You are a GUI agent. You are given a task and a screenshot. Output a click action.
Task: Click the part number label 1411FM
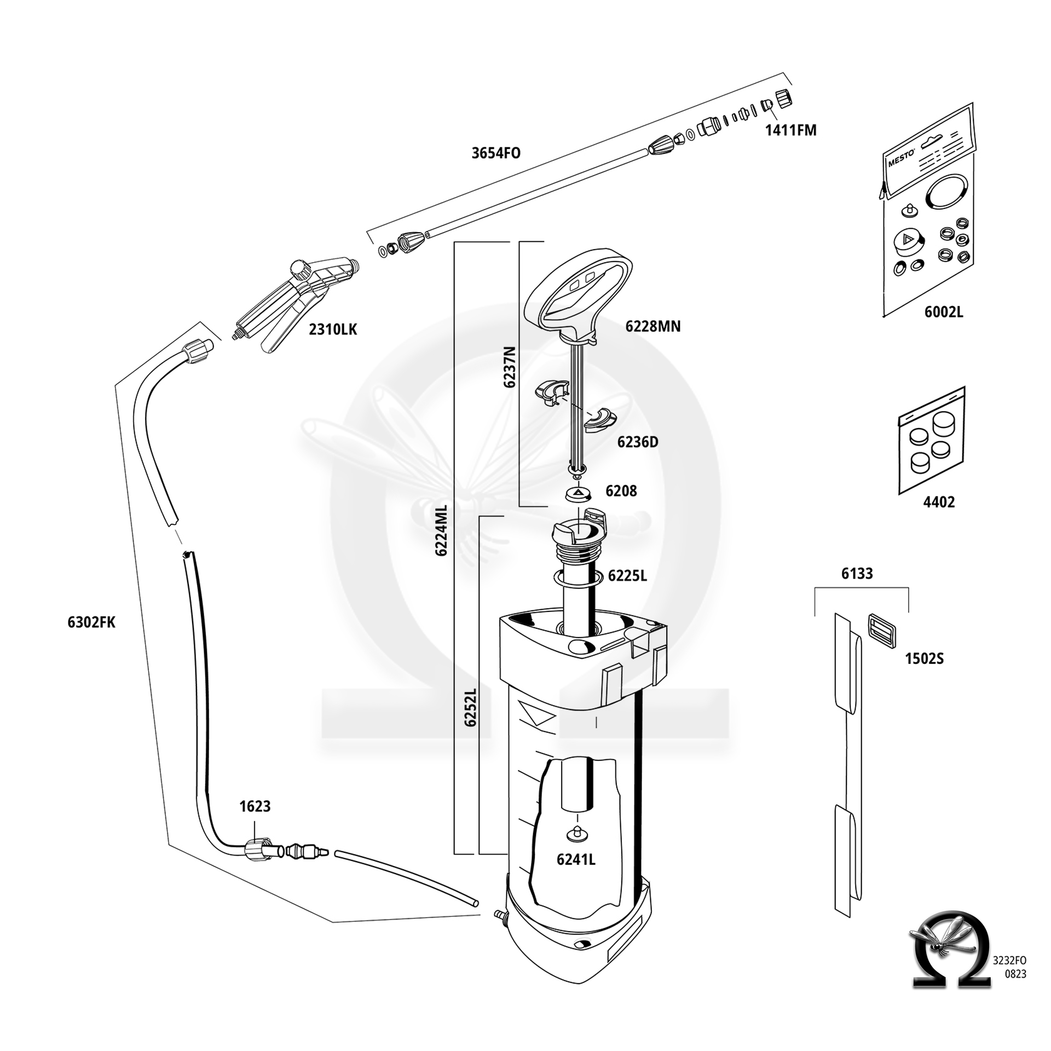(790, 130)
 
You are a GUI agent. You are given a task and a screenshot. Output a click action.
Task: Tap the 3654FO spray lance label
(496, 153)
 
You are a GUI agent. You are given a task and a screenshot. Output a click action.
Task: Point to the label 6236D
(638, 442)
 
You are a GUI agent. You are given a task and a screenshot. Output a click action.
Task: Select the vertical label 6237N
(510, 367)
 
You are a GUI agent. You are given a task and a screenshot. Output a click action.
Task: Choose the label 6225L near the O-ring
(627, 576)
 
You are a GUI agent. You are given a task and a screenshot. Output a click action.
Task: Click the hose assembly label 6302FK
(91, 622)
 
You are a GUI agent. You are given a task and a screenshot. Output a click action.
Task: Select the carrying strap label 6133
(857, 574)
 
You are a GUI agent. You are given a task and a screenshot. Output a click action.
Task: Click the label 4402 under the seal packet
(939, 502)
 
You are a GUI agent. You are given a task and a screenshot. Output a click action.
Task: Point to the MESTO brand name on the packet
(901, 159)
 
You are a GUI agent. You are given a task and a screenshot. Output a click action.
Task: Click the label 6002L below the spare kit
(943, 312)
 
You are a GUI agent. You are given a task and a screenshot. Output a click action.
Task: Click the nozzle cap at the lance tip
(784, 98)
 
